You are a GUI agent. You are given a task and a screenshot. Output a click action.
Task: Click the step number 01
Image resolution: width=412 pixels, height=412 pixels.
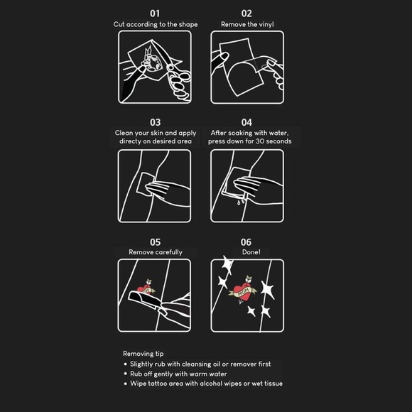pos(155,13)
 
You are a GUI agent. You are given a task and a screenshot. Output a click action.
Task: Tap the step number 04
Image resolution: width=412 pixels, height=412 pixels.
pos(246,122)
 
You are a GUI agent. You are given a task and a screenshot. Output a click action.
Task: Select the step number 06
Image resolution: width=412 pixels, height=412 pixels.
pos(246,242)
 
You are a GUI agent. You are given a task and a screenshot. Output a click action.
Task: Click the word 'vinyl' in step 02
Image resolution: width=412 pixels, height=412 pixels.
pos(266,24)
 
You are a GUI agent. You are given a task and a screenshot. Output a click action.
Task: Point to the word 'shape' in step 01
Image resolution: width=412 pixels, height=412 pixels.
pos(188,24)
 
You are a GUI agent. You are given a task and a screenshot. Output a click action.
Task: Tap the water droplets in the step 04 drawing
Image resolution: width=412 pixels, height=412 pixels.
pos(241,202)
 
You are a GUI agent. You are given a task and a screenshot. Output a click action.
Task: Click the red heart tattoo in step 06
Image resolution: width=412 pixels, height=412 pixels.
pos(242,290)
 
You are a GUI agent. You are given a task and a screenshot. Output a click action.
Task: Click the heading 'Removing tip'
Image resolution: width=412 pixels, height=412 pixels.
pos(143,354)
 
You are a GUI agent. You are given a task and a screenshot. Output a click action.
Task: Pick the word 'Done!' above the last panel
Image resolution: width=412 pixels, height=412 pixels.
pos(251,252)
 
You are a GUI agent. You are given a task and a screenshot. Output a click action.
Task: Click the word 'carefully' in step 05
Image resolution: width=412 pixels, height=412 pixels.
pos(168,252)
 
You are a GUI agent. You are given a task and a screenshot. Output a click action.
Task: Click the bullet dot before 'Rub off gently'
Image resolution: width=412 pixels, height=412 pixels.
pos(125,374)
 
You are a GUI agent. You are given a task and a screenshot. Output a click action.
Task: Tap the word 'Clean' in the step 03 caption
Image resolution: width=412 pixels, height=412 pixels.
pos(124,133)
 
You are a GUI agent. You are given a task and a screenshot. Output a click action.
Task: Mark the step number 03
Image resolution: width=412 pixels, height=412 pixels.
pos(155,122)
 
